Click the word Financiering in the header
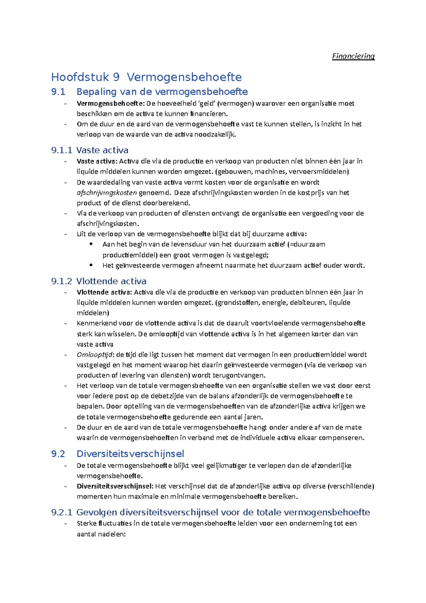click(353, 56)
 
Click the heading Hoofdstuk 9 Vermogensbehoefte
click(146, 77)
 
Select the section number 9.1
click(58, 92)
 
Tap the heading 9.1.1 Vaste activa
click(90, 150)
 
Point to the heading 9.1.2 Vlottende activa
click(99, 281)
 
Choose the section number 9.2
click(58, 454)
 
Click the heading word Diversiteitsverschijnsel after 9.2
click(130, 454)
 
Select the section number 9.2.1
click(62, 512)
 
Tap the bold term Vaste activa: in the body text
click(97, 161)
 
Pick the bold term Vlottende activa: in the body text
click(104, 292)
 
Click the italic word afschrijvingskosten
click(107, 193)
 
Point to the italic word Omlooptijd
click(95, 354)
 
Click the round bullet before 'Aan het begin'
click(91, 244)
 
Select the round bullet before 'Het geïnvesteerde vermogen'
click(91, 265)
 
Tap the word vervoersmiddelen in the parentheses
click(318, 172)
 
